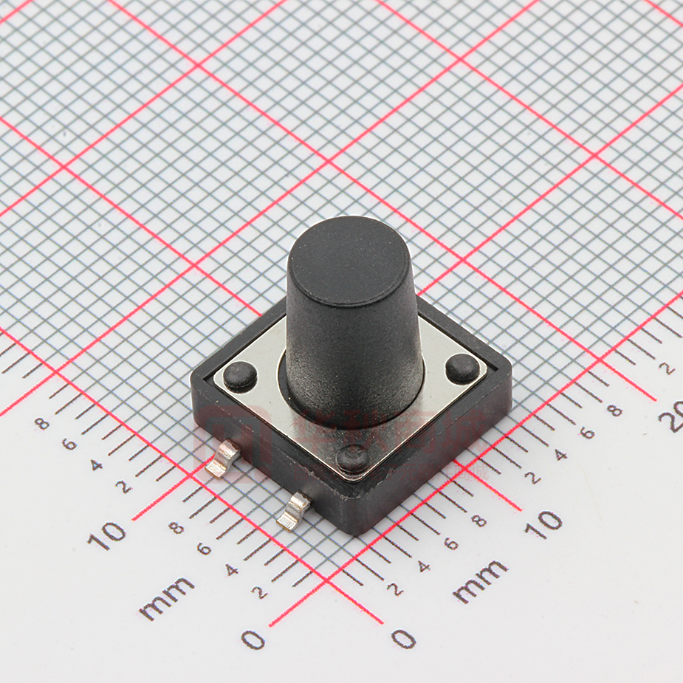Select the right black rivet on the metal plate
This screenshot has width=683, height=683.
[462, 368]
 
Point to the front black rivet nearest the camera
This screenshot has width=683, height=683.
[353, 459]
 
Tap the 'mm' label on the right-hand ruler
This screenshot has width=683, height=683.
[480, 581]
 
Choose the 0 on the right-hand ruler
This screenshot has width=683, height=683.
[403, 638]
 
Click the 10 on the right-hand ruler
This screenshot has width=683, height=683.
[544, 524]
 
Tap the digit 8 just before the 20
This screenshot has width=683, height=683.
[614, 411]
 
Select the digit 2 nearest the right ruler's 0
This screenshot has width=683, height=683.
[394, 588]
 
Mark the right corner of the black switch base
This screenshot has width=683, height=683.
[509, 366]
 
